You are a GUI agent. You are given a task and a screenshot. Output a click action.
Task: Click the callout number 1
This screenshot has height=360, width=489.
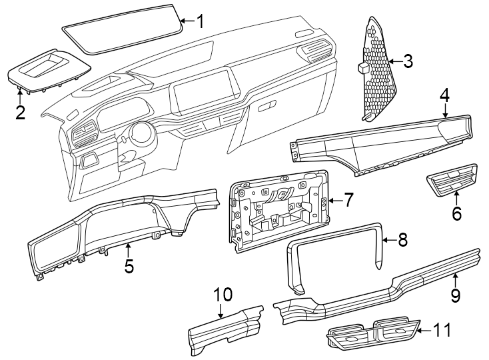pyautogui.click(x=199, y=21)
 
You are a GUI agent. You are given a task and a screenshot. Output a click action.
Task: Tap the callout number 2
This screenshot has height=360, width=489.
pyautogui.click(x=20, y=112)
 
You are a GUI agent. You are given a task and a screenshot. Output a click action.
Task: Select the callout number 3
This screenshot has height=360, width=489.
pyautogui.click(x=407, y=62)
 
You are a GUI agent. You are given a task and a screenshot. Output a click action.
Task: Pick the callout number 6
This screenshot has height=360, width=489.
pyautogui.click(x=456, y=213)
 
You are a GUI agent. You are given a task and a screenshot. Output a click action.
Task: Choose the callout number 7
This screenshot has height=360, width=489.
pyautogui.click(x=348, y=199)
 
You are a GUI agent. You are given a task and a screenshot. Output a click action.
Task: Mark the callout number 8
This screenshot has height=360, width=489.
pyautogui.click(x=402, y=240)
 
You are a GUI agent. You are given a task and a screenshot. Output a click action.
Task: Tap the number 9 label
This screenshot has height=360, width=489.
pyautogui.click(x=455, y=295)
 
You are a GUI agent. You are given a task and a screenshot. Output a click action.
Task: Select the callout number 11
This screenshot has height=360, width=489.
pyautogui.click(x=442, y=330)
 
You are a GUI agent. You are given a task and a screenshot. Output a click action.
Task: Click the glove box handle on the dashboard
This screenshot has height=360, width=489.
pyautogui.click(x=268, y=106)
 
